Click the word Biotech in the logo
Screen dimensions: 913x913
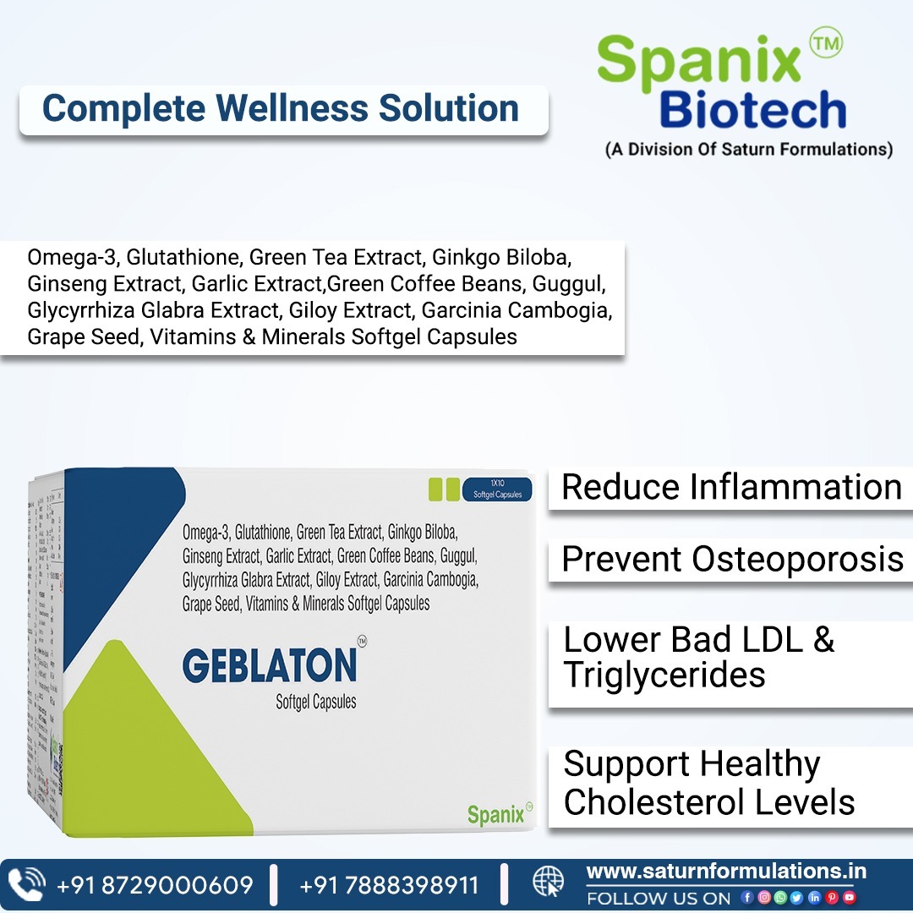(x=752, y=111)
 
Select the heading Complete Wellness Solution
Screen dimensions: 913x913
(x=281, y=109)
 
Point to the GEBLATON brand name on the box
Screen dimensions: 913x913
(x=270, y=665)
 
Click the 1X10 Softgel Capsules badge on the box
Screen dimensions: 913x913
(x=497, y=489)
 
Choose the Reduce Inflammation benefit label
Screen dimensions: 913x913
(x=731, y=488)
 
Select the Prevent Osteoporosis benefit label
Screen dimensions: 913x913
(x=732, y=559)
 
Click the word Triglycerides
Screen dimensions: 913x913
(x=664, y=675)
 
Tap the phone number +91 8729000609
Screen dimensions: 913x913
(x=155, y=885)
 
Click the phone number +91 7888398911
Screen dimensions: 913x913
(x=389, y=885)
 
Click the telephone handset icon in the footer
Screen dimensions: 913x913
(x=30, y=883)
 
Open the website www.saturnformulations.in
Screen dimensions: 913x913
(x=725, y=871)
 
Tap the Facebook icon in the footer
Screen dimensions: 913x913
(x=746, y=898)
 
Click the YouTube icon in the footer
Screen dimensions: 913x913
(x=850, y=898)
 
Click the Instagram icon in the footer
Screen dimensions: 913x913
(x=763, y=898)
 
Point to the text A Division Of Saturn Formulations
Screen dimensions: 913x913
(x=748, y=150)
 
